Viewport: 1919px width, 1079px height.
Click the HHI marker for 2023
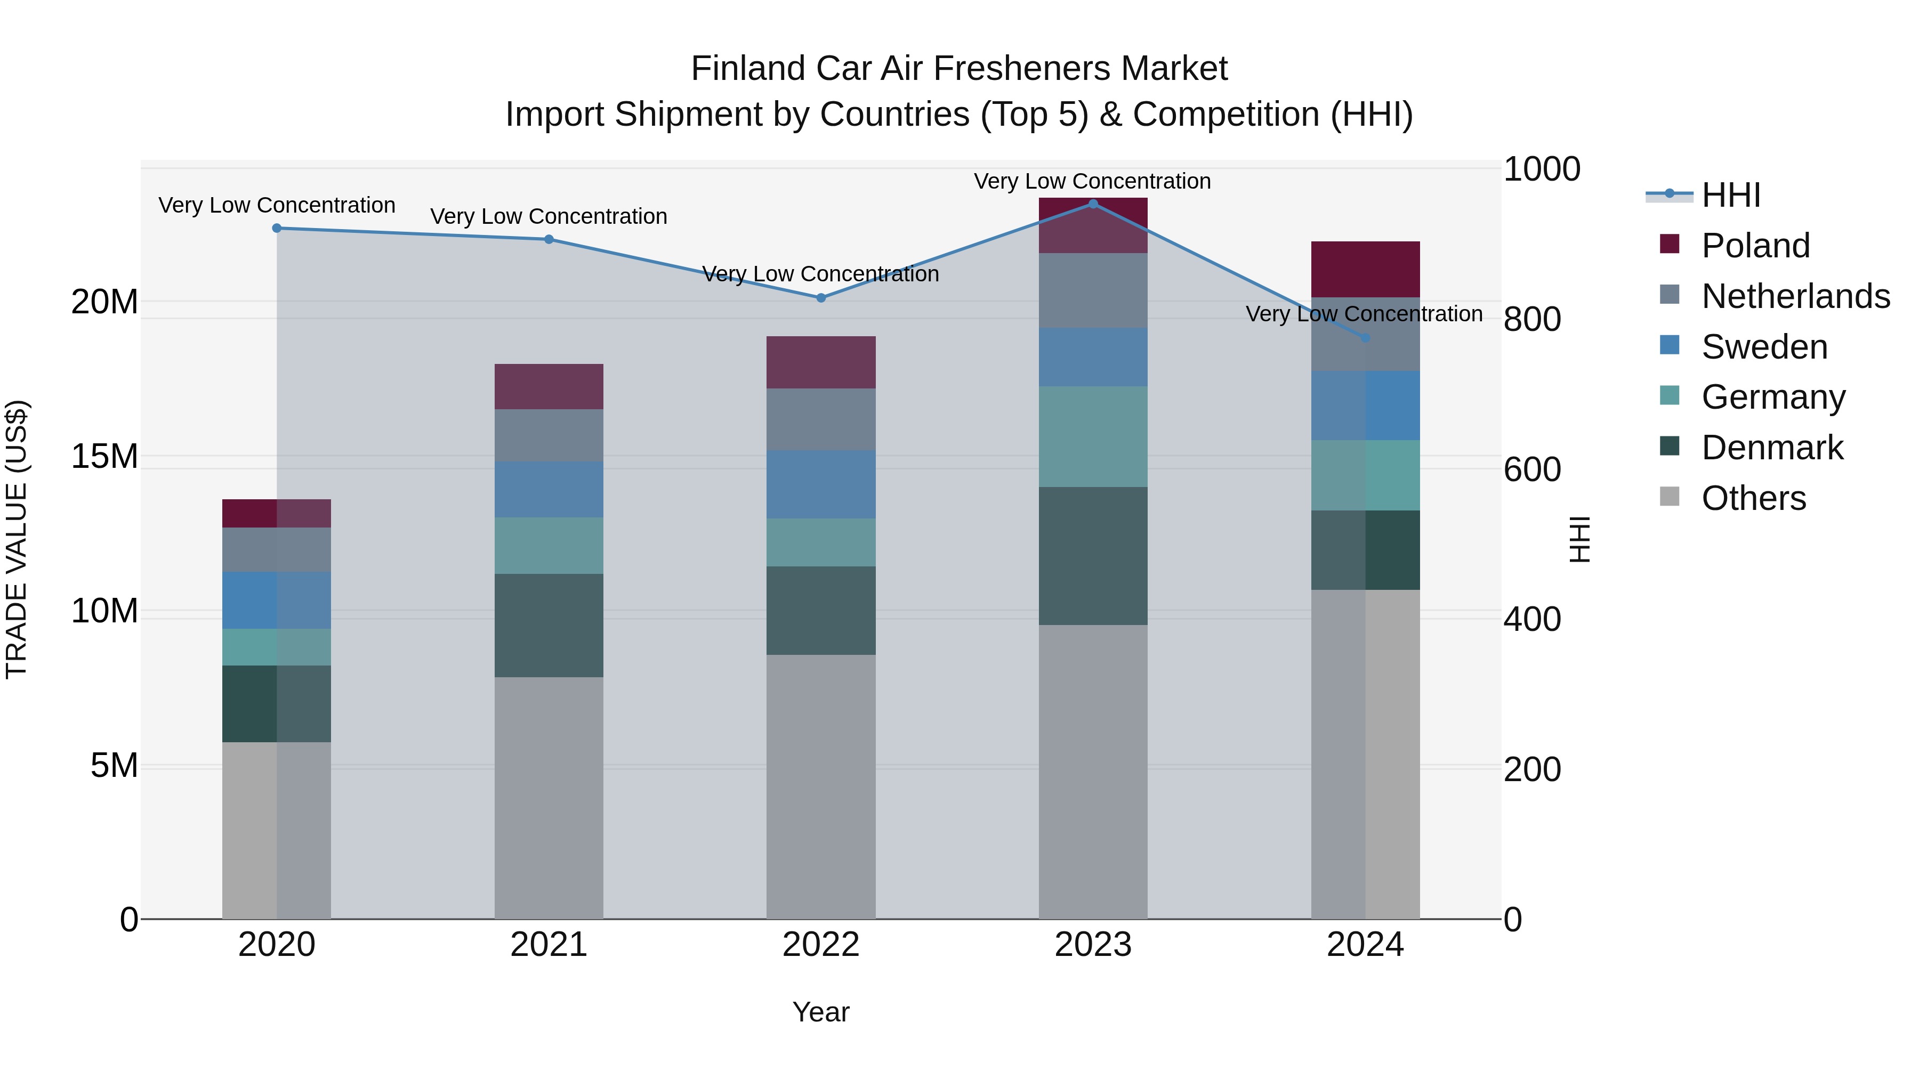pos(1093,204)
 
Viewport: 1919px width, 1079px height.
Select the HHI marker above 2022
pos(821,297)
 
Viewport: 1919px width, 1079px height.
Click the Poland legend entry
pos(1755,246)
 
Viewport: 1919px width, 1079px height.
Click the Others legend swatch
pos(1670,497)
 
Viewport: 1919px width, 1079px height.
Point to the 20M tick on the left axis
pos(104,302)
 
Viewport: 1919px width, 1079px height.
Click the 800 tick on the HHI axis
pos(1531,319)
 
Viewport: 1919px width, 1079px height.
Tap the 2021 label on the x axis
pos(549,945)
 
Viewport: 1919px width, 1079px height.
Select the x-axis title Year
pos(820,1012)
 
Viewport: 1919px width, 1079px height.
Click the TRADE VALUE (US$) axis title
pos(17,539)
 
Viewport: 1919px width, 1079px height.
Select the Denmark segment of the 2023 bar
pos(1093,556)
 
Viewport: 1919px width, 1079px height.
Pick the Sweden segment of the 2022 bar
pos(821,484)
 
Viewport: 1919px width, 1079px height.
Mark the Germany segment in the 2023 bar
pos(1093,436)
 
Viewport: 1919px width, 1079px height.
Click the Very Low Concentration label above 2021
pos(549,217)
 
